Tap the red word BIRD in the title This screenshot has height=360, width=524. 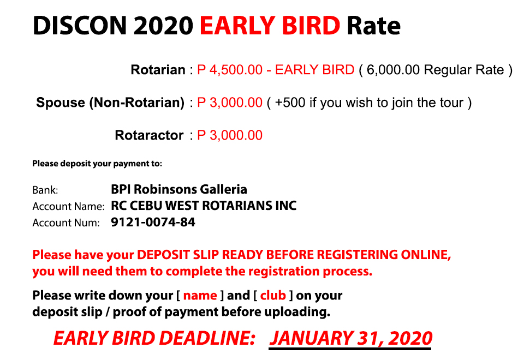[311, 26]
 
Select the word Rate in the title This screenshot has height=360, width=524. [373, 26]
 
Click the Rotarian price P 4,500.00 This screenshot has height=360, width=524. [230, 70]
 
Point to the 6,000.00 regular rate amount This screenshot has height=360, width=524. [393, 70]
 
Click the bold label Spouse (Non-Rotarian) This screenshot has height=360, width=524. [110, 103]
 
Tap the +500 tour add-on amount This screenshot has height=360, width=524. [290, 103]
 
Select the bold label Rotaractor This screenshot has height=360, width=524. [149, 135]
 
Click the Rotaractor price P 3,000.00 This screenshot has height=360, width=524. [230, 135]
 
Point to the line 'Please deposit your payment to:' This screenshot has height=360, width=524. [97, 164]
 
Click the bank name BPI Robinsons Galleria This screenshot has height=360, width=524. [179, 189]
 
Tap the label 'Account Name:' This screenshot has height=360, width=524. [69, 206]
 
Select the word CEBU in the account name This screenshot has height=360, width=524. [146, 206]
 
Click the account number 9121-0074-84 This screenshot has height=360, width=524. [153, 222]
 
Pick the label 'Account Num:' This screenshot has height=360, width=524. [66, 223]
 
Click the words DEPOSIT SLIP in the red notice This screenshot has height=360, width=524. [178, 255]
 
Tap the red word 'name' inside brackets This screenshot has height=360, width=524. [200, 296]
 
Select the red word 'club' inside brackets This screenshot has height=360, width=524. [273, 296]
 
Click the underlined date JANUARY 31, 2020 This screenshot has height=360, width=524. [350, 338]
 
